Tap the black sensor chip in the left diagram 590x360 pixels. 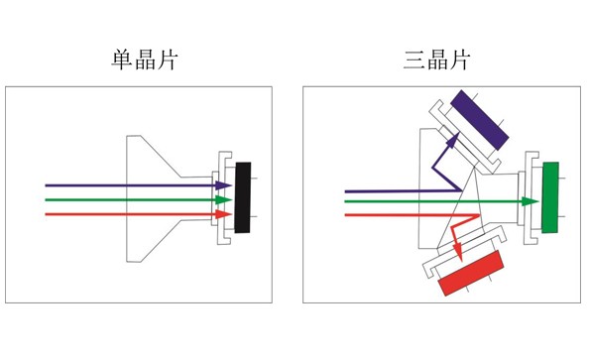(243, 198)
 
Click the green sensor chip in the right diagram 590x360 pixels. (550, 197)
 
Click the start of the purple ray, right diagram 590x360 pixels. (346, 189)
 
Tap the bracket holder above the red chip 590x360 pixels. (462, 252)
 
